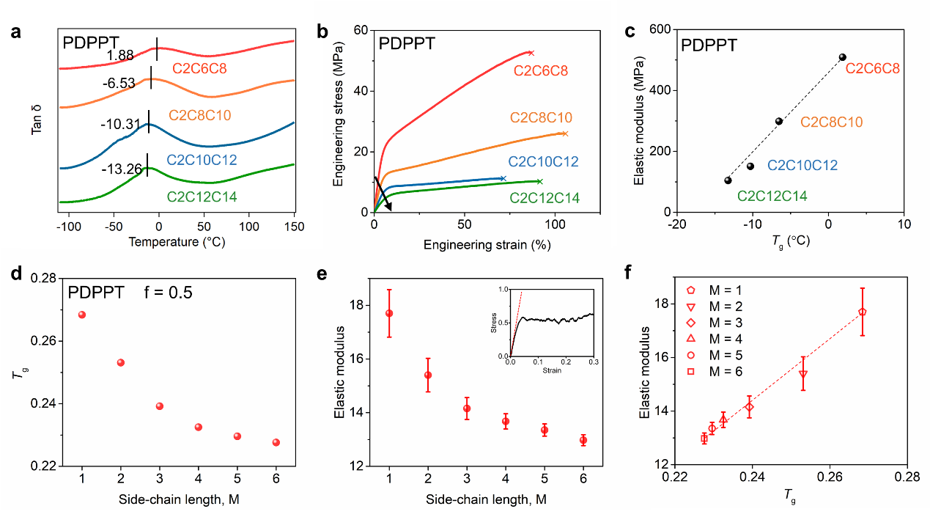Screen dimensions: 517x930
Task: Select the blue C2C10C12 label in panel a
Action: click(202, 159)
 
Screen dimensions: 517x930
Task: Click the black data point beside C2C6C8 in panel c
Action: click(843, 57)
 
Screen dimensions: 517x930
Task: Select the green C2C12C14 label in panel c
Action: click(772, 196)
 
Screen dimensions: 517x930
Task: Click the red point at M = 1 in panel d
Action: click(82, 315)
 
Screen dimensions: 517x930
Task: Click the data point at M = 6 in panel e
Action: click(583, 440)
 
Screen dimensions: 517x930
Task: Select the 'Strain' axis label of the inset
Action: click(551, 370)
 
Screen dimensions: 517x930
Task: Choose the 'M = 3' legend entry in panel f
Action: click(723, 323)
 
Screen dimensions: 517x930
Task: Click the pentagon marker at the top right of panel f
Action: click(863, 312)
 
